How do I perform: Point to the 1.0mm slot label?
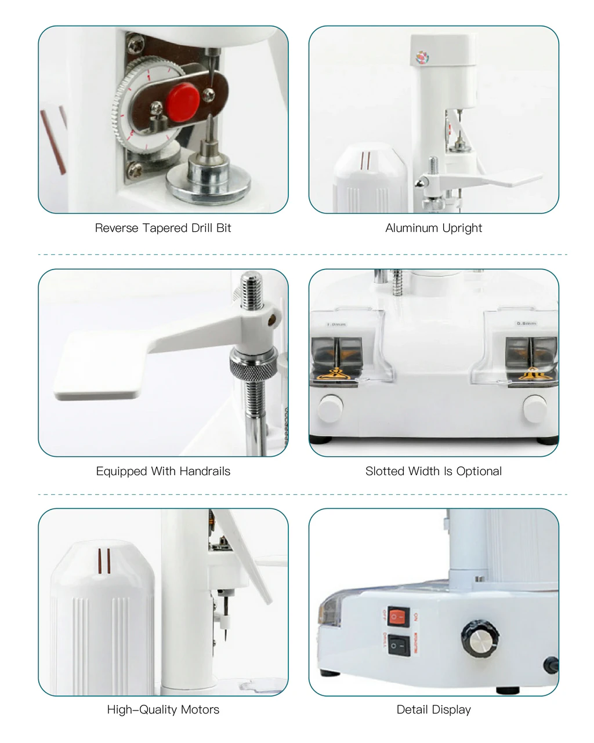click(x=336, y=325)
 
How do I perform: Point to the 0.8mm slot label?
click(x=526, y=323)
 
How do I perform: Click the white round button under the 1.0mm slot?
click(x=331, y=407)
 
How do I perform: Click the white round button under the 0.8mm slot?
click(x=535, y=407)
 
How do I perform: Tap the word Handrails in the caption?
click(x=203, y=471)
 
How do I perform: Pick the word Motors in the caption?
click(x=200, y=710)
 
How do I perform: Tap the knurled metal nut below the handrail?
click(x=253, y=363)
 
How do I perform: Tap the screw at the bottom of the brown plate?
click(x=135, y=169)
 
